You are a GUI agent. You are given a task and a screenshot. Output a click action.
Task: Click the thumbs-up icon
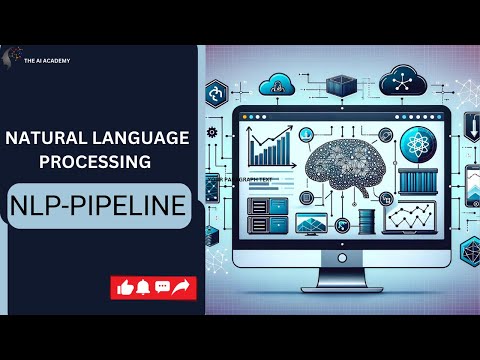click(x=125, y=288)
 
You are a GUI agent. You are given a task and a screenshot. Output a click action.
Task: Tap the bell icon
click(x=143, y=288)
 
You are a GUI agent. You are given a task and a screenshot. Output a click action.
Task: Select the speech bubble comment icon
click(x=162, y=288)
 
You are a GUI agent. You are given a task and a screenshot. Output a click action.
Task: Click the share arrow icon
click(x=181, y=288)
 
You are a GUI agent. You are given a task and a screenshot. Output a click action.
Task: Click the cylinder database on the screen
click(x=371, y=218)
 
